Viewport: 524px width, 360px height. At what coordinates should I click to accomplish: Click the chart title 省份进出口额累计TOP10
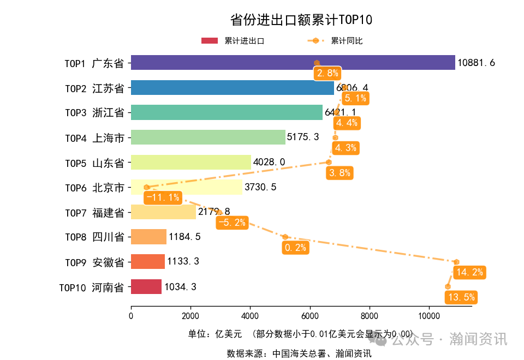[x=301, y=20]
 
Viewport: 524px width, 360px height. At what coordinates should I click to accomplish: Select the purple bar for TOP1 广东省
[x=293, y=63]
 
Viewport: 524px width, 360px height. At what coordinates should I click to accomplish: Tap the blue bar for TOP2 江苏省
[x=232, y=88]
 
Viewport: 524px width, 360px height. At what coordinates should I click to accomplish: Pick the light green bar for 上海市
[x=208, y=137]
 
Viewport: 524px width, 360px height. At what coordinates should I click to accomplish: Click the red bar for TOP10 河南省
[x=146, y=286]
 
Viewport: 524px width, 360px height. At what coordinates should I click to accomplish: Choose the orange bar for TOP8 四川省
[x=148, y=237]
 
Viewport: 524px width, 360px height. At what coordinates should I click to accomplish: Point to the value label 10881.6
[x=476, y=63]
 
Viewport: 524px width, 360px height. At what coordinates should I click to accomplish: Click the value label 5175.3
[x=303, y=137]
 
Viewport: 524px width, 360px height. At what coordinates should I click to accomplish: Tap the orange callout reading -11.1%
[x=163, y=197]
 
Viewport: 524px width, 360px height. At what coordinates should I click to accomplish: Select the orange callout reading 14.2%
[x=469, y=272]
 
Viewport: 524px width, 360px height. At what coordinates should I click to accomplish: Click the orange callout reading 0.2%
[x=295, y=248]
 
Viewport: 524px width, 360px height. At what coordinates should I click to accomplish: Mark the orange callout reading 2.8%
[x=327, y=73]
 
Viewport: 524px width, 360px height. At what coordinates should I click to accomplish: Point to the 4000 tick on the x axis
[x=250, y=315]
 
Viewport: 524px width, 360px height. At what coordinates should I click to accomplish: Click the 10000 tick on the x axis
[x=428, y=315]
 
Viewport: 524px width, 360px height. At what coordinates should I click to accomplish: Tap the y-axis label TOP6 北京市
[x=94, y=188]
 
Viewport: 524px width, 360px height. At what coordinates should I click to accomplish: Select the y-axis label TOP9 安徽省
[x=94, y=262]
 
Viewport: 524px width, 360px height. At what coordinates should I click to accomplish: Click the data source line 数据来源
[x=299, y=353]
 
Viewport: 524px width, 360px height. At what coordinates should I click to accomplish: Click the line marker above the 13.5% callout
[x=448, y=286]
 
